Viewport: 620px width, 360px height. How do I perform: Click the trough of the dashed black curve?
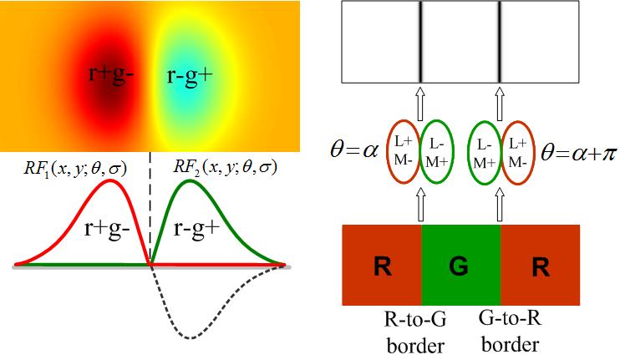(191, 337)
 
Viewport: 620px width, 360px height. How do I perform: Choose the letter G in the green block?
(459, 269)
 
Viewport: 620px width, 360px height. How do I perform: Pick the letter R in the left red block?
(382, 269)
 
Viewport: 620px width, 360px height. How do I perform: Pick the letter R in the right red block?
(539, 269)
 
